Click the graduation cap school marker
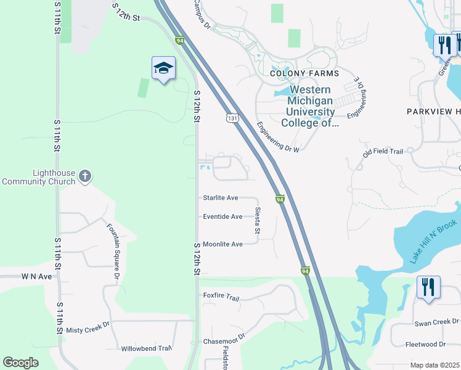pos(163,68)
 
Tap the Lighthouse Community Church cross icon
pos(86,177)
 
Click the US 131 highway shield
pos(232,117)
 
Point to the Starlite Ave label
pos(221,198)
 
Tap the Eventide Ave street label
pos(222,216)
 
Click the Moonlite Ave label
pos(222,244)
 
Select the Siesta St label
pos(258,220)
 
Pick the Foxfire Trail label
pos(221,296)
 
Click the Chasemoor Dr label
pos(224,339)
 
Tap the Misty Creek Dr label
pos(88,331)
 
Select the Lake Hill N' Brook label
pos(434,242)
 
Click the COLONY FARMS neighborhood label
pos(297,73)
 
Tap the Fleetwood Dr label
pos(425,344)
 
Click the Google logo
pos(20,363)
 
